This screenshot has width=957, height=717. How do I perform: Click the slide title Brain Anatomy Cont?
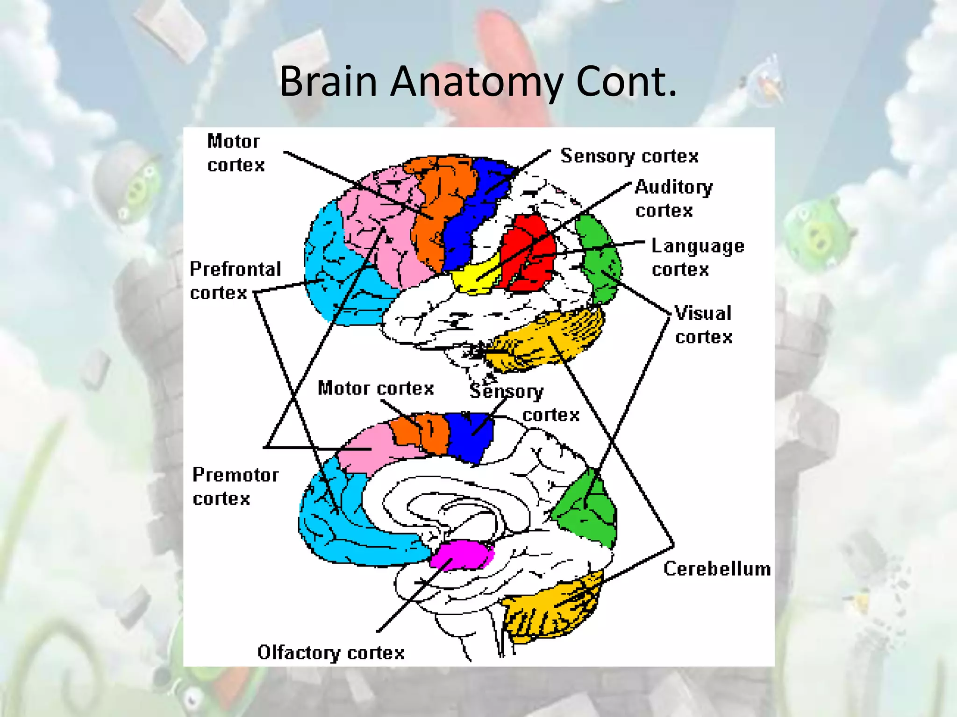pos(478,82)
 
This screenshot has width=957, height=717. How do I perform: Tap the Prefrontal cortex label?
pos(235,281)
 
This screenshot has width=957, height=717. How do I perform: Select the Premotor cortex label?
pos(235,486)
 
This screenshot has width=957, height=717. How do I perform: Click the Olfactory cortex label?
pos(331,652)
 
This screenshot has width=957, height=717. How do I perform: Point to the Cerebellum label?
pos(716,569)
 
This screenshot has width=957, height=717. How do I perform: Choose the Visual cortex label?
pos(703,325)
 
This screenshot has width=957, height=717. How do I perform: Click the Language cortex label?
pos(697,257)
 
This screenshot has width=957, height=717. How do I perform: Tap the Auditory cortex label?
pos(673,198)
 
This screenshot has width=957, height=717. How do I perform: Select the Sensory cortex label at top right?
pos(629,156)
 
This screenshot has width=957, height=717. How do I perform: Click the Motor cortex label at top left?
pos(235,153)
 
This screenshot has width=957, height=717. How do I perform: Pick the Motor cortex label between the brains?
pos(376,388)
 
